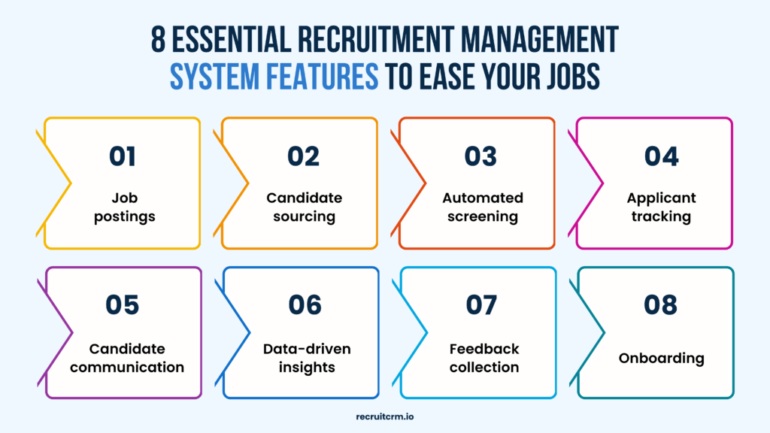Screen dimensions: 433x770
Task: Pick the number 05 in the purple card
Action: coord(123,304)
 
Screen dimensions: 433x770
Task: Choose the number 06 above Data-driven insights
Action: coord(305,304)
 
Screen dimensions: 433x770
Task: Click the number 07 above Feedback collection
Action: coord(481,304)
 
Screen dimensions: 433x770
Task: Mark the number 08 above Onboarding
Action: coord(661,304)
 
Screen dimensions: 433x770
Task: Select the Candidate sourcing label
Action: coord(304,207)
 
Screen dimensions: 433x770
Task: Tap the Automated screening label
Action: coord(482,207)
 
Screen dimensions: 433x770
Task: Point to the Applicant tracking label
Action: coord(662,207)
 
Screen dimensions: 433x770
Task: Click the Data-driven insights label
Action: coord(307,358)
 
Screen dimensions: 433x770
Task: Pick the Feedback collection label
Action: coord(484,358)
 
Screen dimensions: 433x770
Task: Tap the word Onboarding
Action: coord(662,358)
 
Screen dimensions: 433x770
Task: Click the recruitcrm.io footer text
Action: coord(385,414)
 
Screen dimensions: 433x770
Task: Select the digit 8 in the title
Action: coord(159,40)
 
